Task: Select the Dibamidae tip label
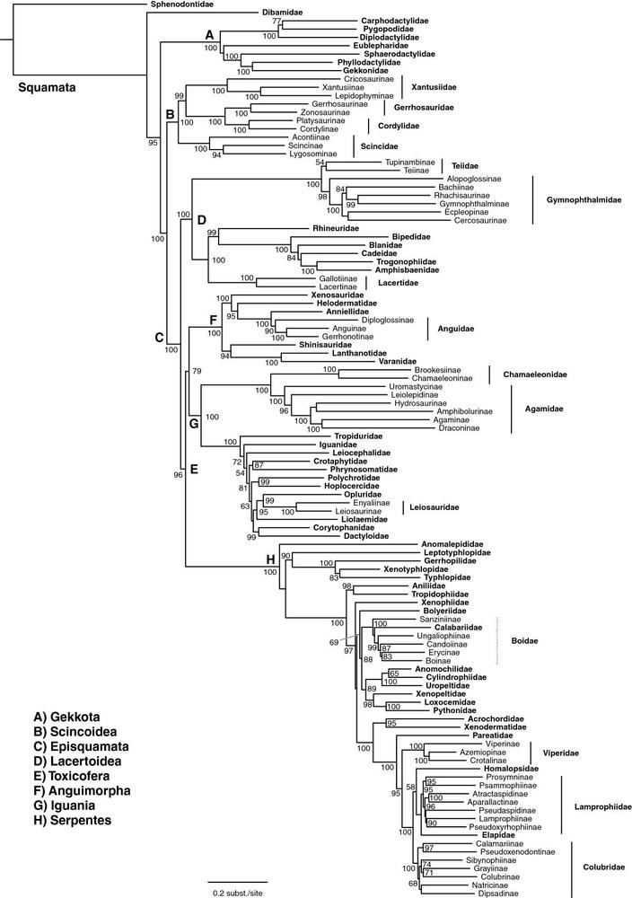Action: [282, 12]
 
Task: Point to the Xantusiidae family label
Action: [434, 87]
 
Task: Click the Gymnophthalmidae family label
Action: [584, 200]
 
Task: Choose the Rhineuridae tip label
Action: [336, 228]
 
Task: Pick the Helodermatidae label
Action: [347, 303]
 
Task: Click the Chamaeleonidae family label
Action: [535, 374]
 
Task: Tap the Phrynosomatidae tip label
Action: [364, 470]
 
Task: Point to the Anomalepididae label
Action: [452, 544]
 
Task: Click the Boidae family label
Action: [524, 641]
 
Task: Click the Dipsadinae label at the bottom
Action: [498, 894]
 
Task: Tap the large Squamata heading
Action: [47, 88]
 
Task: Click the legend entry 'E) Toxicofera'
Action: [71, 776]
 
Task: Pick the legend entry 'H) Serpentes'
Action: [72, 820]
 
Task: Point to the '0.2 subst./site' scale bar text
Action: [237, 893]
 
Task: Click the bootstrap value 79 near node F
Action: [197, 372]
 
